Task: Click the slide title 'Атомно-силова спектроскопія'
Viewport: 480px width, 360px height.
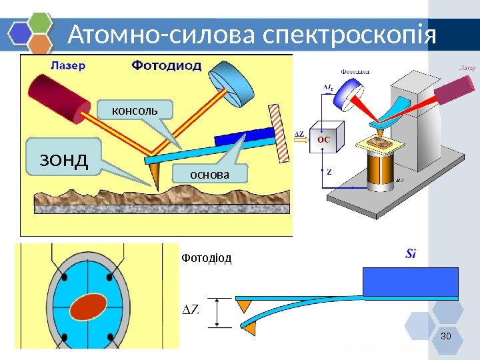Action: [x=252, y=35]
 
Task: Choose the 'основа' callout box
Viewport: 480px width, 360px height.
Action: [x=209, y=175]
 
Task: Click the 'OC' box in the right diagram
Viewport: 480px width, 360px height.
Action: [x=323, y=139]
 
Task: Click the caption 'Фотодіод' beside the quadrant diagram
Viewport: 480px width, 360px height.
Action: [x=206, y=258]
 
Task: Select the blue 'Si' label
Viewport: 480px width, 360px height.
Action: [x=413, y=254]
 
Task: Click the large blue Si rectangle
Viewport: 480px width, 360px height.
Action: [x=409, y=281]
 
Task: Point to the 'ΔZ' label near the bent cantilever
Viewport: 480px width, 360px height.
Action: [x=191, y=310]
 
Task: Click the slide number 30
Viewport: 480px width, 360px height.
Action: [x=446, y=334]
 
